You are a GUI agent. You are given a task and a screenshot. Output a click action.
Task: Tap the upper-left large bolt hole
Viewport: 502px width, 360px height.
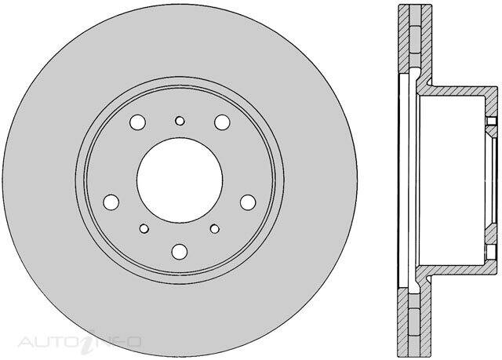tap(138, 122)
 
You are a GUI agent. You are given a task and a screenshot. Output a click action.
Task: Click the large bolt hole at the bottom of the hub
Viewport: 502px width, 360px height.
tap(180, 251)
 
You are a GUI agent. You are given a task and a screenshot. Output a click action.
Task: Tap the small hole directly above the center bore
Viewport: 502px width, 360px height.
tap(180, 120)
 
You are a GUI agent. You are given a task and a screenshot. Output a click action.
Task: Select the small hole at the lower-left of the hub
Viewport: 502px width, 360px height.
tap(144, 229)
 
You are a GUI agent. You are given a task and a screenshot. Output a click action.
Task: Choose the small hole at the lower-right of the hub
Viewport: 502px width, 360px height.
tap(215, 229)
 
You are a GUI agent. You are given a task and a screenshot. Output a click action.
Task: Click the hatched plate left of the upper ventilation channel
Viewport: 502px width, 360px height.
tap(405, 39)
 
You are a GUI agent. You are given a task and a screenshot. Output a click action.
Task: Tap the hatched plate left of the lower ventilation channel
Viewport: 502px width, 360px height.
tap(405, 322)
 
